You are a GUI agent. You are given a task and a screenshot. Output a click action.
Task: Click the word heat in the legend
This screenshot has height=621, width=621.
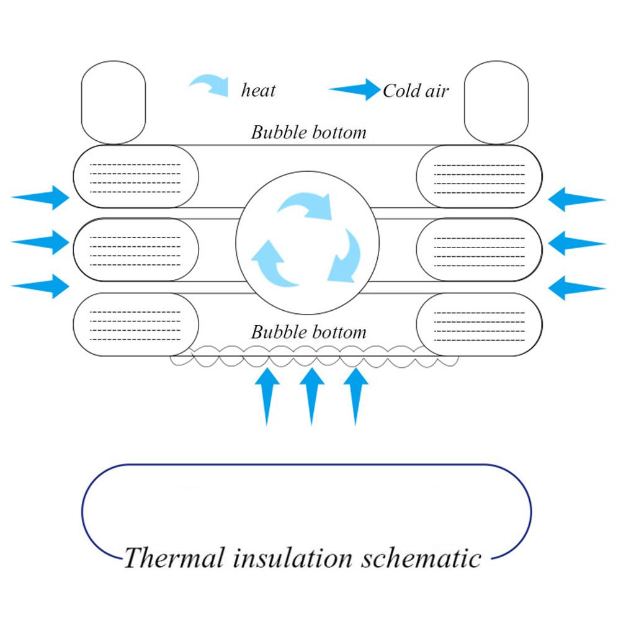[258, 91]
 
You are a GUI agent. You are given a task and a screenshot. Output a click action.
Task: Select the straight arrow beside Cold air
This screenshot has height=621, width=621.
[354, 90]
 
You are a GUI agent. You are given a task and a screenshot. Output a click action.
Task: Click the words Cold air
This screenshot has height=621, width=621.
[415, 91]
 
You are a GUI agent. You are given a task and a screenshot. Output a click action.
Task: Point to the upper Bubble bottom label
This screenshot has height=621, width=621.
[308, 132]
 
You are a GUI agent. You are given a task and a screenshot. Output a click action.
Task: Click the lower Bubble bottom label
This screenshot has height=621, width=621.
[308, 332]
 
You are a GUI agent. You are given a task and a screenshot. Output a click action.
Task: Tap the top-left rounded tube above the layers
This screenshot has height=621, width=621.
[114, 102]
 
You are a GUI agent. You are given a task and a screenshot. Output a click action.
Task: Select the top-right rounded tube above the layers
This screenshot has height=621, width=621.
[496, 102]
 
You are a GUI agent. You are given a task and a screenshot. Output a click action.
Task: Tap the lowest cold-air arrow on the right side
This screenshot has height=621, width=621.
[576, 287]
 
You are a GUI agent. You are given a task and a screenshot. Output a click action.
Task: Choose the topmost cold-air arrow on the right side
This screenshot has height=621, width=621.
[576, 199]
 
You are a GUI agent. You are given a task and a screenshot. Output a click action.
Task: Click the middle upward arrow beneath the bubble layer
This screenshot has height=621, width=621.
[312, 395]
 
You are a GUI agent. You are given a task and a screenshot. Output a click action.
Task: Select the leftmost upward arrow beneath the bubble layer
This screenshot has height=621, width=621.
[267, 395]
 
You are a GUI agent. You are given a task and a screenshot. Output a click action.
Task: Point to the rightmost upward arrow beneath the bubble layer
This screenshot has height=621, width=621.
[355, 395]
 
